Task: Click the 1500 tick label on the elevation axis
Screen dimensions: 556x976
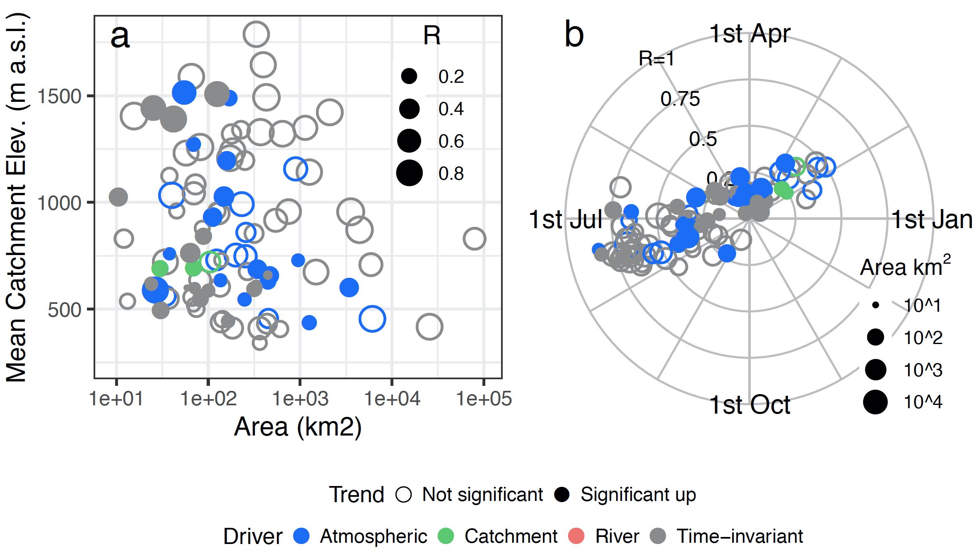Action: (59, 96)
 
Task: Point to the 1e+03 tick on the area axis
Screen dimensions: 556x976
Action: (300, 398)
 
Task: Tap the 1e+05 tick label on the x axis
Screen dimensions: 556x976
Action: (484, 398)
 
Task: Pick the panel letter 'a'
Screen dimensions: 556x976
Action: (120, 36)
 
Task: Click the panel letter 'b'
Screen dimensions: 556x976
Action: (574, 35)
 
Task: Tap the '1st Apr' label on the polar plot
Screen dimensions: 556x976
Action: (749, 33)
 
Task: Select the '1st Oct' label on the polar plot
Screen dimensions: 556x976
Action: (749, 404)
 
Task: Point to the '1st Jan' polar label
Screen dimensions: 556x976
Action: (931, 219)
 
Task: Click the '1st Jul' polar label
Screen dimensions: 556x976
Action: (566, 219)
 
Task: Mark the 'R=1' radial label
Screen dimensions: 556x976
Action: (656, 58)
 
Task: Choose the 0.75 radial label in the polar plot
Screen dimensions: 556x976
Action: (680, 99)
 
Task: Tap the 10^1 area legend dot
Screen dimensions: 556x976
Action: (875, 305)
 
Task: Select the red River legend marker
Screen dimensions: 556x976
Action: (576, 536)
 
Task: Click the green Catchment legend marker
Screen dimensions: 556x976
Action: (446, 536)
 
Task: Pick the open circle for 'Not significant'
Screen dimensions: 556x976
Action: (403, 494)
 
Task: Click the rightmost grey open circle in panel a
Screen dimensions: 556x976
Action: (474, 238)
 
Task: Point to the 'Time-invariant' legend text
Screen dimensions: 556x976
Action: (740, 536)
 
